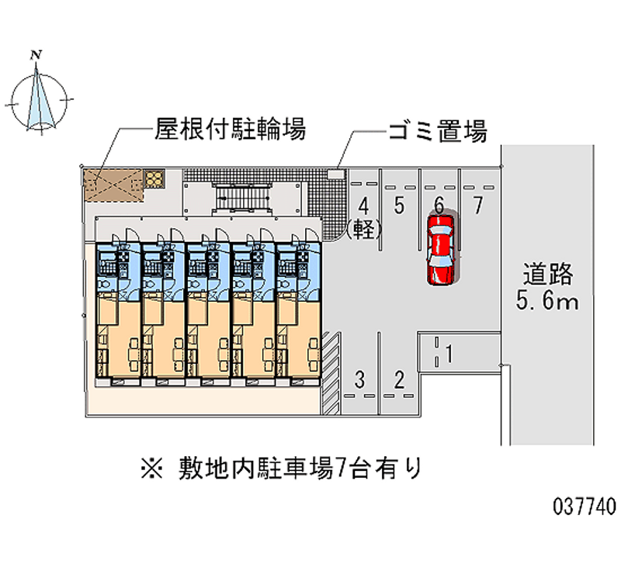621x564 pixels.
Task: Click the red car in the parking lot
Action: coord(441,250)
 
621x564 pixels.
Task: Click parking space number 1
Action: coord(449,353)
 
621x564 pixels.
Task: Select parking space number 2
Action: coord(399,379)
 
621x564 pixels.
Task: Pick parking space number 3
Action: coord(359,379)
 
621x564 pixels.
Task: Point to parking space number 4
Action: coord(363,206)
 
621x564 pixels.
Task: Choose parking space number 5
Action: coord(398,206)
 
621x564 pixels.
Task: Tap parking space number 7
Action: coord(479,206)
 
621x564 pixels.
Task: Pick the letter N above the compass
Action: coord(35,54)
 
